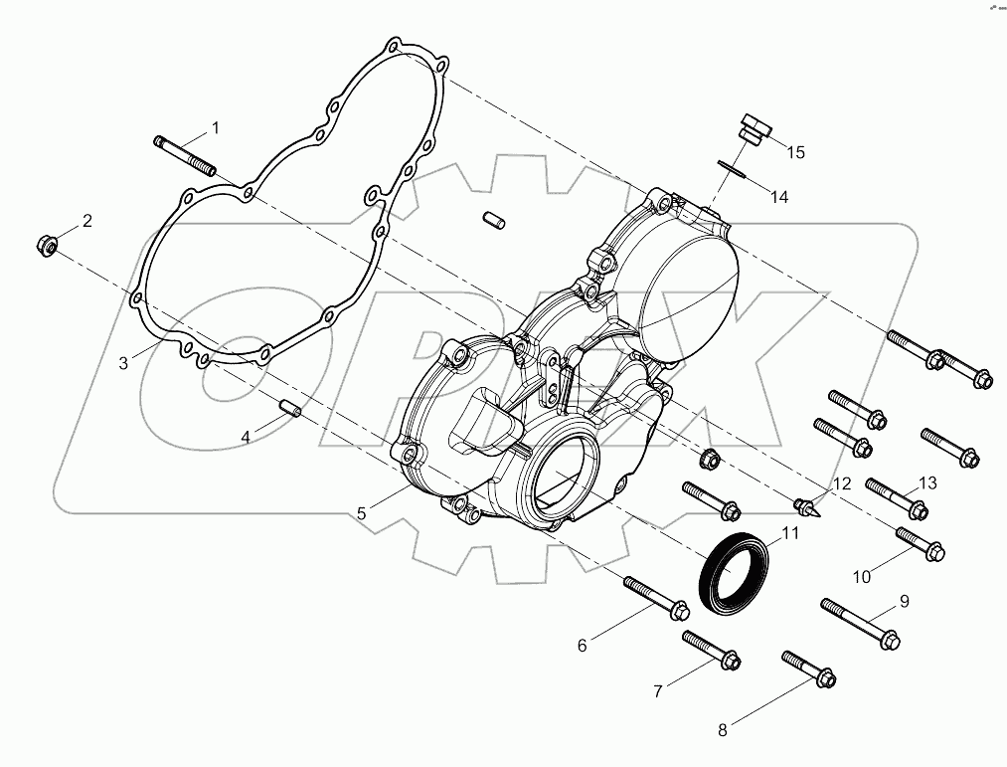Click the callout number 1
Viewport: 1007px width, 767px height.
214,129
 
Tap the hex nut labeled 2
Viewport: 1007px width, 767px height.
47,242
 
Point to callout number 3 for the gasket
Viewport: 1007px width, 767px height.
124,363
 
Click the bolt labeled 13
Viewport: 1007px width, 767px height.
896,498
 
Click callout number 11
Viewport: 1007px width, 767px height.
790,534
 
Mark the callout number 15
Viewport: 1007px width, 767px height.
795,152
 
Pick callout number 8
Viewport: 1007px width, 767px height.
723,729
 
